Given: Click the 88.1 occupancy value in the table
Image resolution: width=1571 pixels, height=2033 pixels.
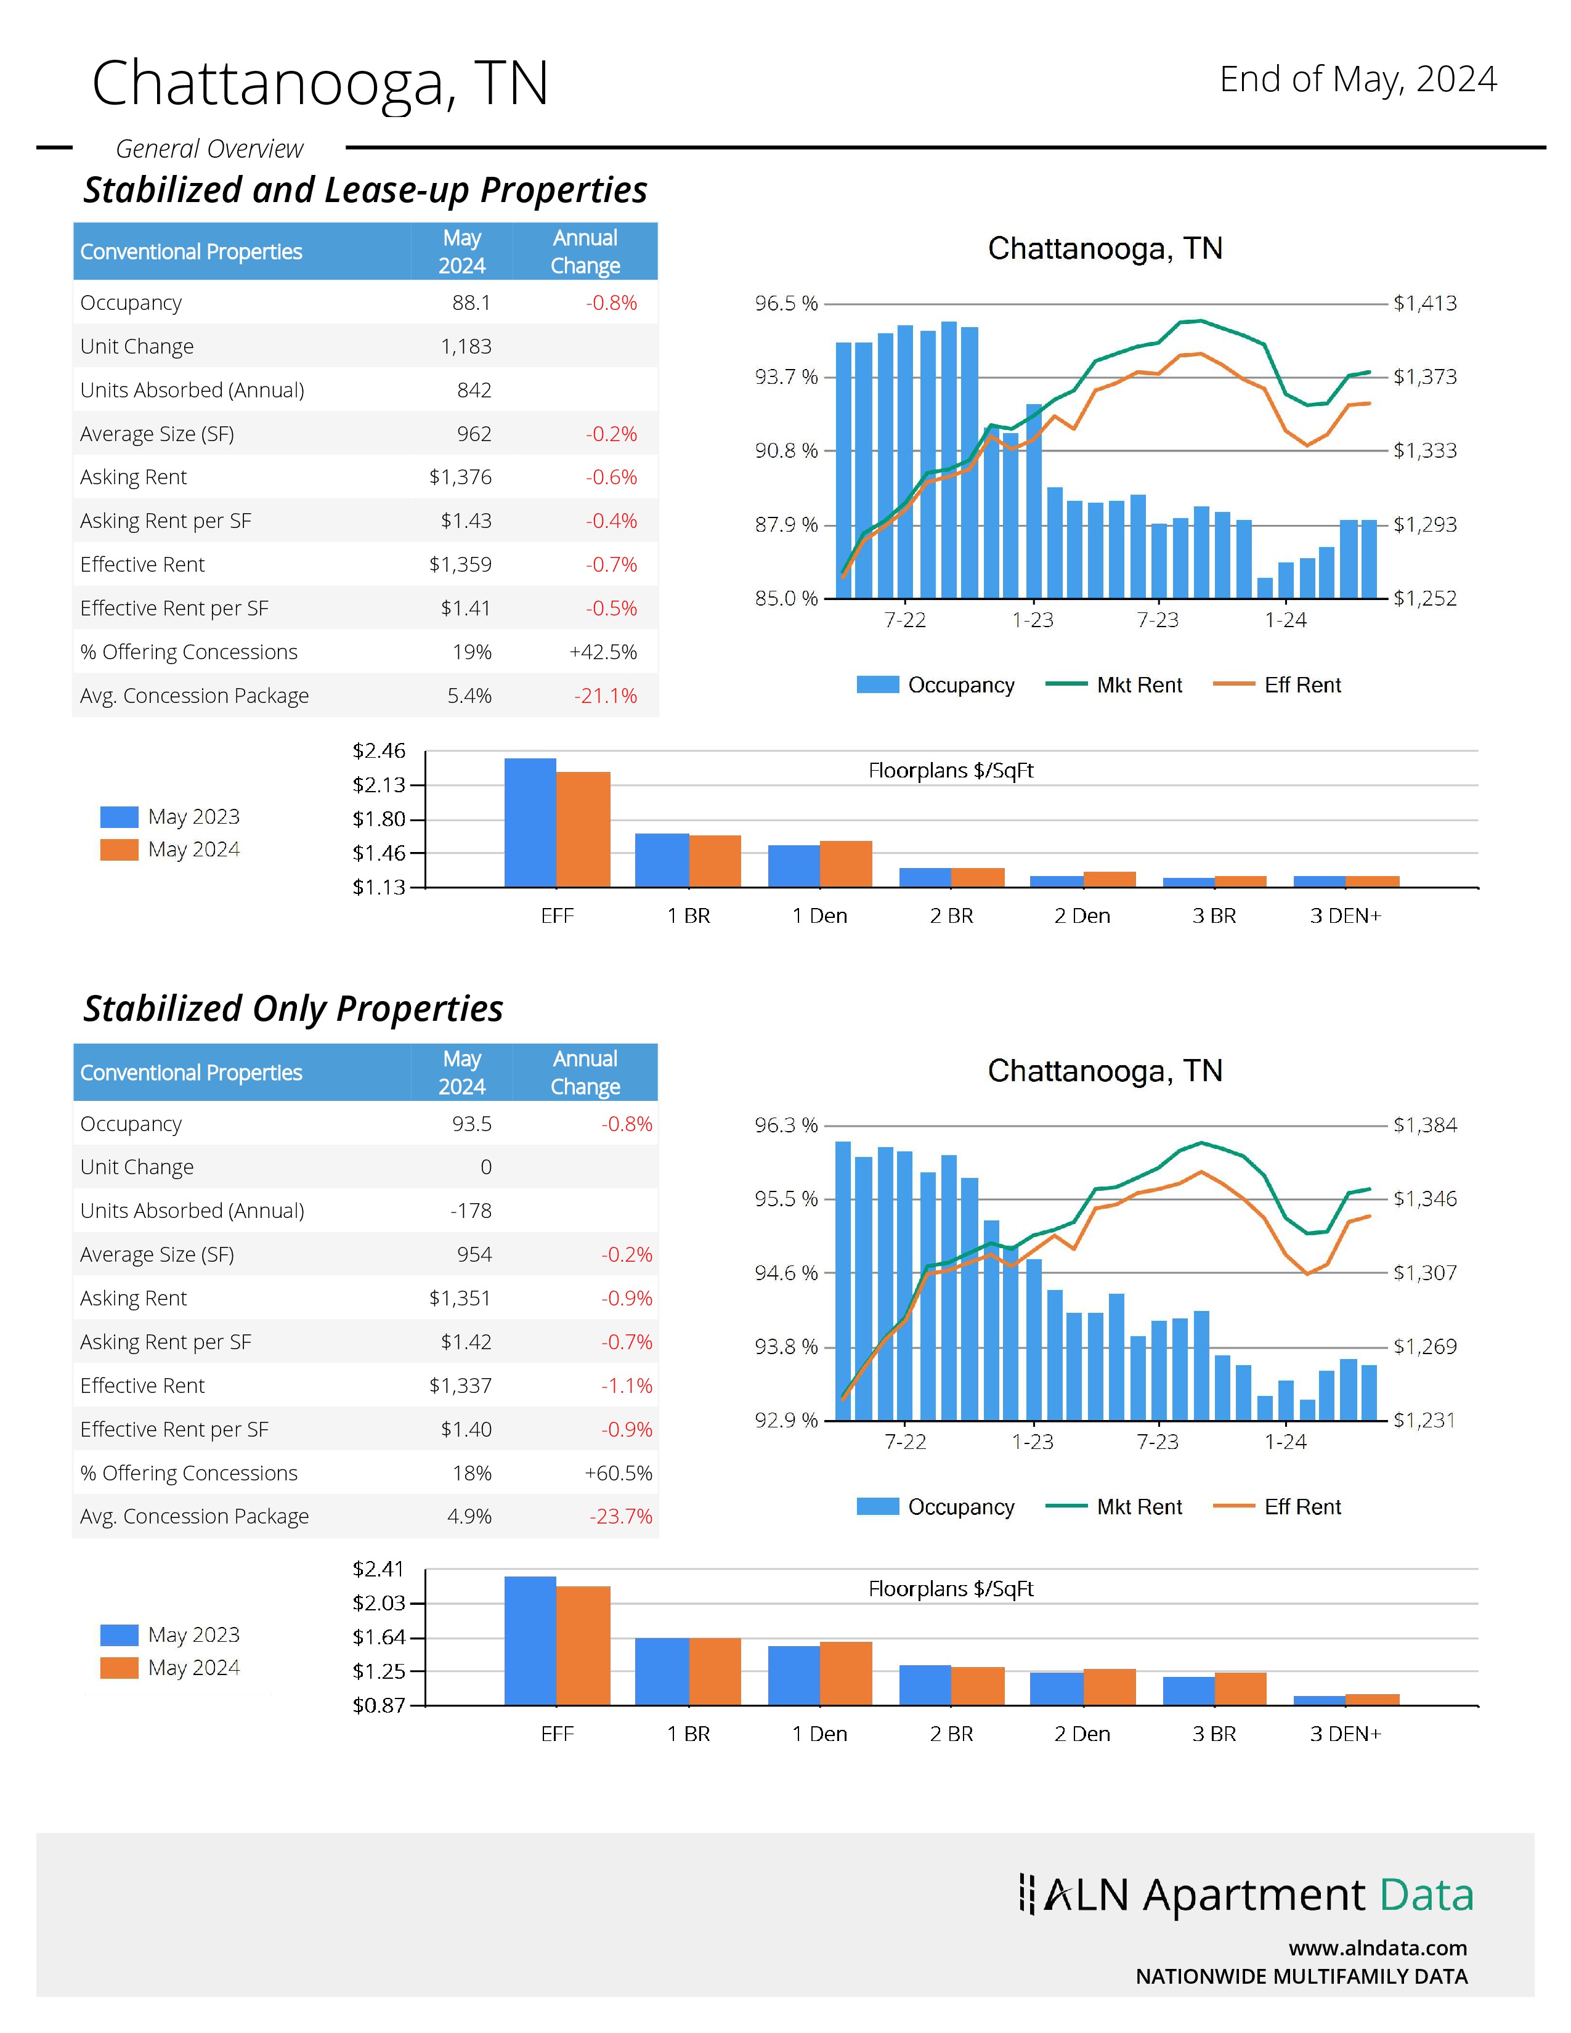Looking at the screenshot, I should click(x=471, y=302).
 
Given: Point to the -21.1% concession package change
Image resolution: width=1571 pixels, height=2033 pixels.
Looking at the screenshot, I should click(x=605, y=696).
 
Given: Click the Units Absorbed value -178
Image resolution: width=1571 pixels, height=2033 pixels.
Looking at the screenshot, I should click(x=470, y=1210).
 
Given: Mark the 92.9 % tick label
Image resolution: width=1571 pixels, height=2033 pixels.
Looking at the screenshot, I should click(x=785, y=1419).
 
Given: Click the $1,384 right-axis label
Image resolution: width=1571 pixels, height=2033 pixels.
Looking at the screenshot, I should click(x=1424, y=1124).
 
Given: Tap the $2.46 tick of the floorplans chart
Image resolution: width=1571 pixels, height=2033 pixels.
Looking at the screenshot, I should click(x=379, y=750).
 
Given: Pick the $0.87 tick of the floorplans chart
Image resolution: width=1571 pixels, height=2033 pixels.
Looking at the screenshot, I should click(x=379, y=1705).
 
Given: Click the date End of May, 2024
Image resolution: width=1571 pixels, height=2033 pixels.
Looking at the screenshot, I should click(x=1358, y=79).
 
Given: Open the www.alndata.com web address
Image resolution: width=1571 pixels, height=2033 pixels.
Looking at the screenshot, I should click(x=1378, y=1947).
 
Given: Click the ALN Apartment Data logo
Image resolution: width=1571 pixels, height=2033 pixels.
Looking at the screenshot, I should click(x=1246, y=1894).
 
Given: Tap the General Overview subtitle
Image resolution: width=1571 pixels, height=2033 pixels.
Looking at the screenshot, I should click(x=209, y=149).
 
